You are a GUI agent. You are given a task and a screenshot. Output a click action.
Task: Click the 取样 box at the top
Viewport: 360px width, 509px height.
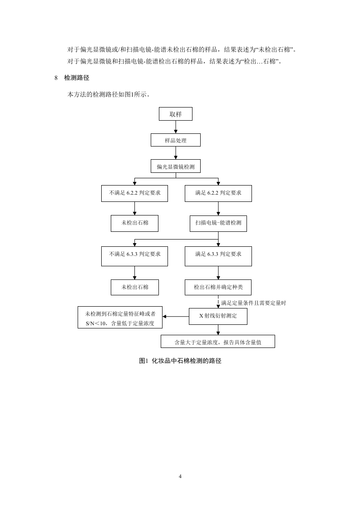click(x=175, y=114)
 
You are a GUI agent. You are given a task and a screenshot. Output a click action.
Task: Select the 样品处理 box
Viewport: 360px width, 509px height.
click(x=175, y=140)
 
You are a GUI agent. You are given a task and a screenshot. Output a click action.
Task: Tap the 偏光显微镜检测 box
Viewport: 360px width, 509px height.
click(x=175, y=166)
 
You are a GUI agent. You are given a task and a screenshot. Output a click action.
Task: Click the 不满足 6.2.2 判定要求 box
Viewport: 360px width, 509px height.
click(x=134, y=193)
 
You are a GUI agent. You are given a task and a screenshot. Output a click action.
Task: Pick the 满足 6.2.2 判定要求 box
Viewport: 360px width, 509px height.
click(x=218, y=193)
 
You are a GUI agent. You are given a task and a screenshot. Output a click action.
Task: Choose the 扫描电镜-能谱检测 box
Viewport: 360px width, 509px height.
click(x=218, y=223)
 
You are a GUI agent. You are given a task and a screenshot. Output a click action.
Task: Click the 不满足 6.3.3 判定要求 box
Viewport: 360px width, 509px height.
click(x=134, y=254)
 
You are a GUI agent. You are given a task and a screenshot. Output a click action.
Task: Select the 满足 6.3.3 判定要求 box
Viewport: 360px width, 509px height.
click(x=218, y=254)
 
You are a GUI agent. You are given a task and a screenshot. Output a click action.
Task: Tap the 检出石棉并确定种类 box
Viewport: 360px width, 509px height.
click(x=218, y=287)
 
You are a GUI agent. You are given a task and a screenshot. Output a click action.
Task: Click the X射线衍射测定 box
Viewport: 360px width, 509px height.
click(x=218, y=316)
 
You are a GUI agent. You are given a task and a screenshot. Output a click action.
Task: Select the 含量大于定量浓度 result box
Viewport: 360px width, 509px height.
click(x=218, y=341)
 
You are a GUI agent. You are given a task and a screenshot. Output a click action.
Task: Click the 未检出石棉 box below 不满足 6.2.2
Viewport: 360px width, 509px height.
click(x=134, y=223)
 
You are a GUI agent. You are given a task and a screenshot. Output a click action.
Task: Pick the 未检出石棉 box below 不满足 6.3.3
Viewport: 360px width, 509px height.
click(x=134, y=287)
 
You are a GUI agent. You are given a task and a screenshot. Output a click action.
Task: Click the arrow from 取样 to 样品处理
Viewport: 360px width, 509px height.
click(x=175, y=127)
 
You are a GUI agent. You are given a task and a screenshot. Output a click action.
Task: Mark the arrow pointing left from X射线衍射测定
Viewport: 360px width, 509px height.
click(x=176, y=316)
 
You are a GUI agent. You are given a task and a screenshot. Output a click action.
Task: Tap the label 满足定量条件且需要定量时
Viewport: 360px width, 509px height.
click(x=253, y=303)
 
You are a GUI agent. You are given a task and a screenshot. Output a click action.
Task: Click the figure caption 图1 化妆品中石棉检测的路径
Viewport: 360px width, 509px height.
click(x=180, y=361)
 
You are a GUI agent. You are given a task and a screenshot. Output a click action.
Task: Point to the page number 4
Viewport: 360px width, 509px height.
click(x=180, y=476)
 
